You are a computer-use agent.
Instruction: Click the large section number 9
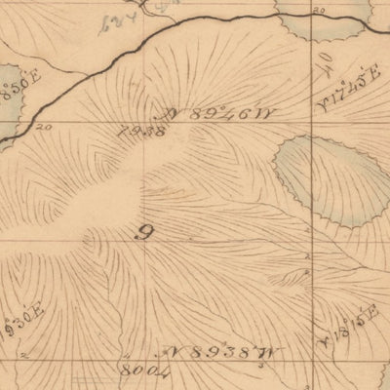[x=147, y=232]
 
